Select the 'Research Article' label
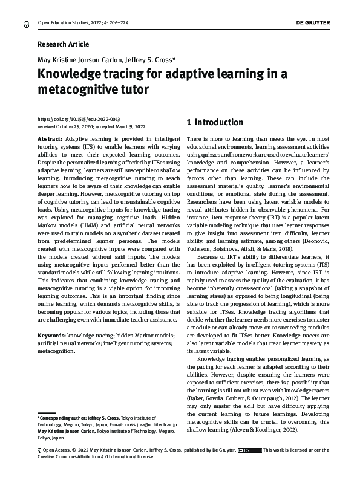pos(63,44)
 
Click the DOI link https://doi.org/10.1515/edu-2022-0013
pos(78,120)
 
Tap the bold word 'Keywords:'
pos(51,335)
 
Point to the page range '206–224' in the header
pos(122,22)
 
